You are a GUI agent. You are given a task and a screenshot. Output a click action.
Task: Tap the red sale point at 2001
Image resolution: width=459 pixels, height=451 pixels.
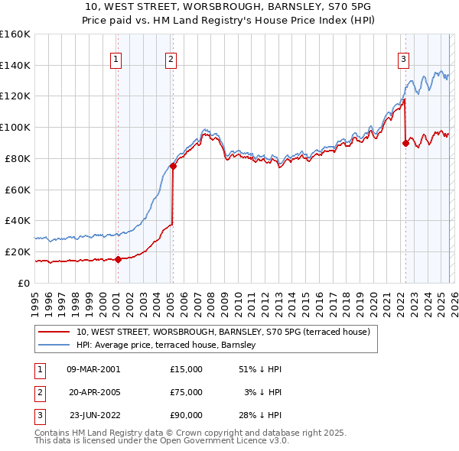pyautogui.click(x=118, y=259)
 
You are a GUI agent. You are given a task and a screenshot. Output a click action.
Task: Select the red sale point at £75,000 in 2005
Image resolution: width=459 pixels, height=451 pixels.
pyautogui.click(x=174, y=165)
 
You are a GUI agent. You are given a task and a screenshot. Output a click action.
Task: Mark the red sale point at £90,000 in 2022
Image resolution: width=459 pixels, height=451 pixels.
pyautogui.click(x=405, y=142)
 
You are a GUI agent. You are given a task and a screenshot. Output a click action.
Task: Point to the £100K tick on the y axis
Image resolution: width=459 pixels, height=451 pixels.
pyautogui.click(x=15, y=127)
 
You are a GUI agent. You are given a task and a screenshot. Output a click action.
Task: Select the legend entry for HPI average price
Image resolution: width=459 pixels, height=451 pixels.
pyautogui.click(x=166, y=346)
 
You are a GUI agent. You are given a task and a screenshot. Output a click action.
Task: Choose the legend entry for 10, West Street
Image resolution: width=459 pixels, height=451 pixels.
pyautogui.click(x=223, y=332)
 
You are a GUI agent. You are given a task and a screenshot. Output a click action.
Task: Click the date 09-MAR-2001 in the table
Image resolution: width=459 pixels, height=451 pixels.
pyautogui.click(x=93, y=369)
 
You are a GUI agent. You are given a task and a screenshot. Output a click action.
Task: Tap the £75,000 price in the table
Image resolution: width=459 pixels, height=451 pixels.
pyautogui.click(x=186, y=392)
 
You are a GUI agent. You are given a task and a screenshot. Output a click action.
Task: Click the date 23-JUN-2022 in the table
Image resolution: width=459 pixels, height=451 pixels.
pyautogui.click(x=93, y=415)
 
